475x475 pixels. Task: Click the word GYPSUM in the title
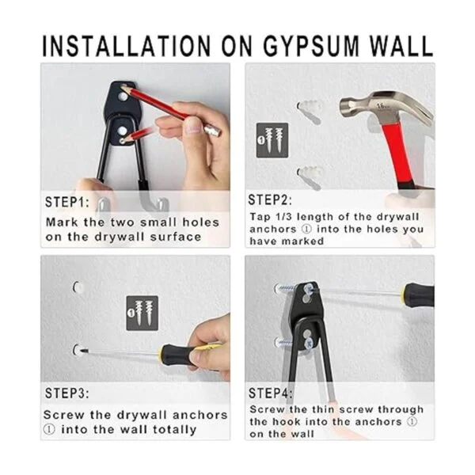click(310, 47)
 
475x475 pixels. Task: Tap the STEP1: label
click(67, 202)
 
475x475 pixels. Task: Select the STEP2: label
click(270, 200)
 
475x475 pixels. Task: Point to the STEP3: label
click(67, 393)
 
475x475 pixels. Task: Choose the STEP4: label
click(271, 393)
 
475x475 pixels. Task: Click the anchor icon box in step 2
click(272, 140)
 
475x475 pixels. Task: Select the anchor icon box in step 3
click(142, 313)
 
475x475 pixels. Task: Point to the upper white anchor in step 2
click(310, 111)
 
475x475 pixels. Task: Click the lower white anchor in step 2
click(310, 177)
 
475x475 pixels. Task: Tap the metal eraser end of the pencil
click(213, 131)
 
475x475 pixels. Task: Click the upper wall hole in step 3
click(78, 287)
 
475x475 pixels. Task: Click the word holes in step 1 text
click(200, 222)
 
